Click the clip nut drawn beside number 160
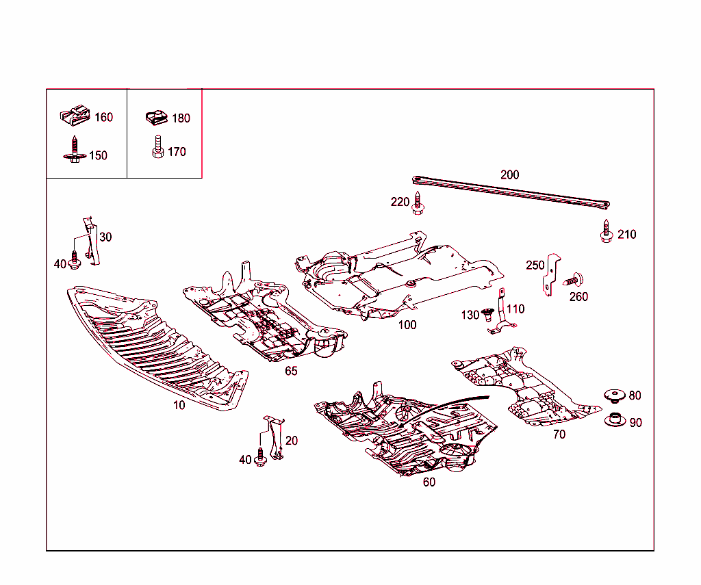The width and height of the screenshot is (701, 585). pyautogui.click(x=74, y=117)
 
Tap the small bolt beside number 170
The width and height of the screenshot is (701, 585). pyautogui.click(x=157, y=148)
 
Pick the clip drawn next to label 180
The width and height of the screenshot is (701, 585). pyautogui.click(x=157, y=118)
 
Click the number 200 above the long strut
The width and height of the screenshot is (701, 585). pyautogui.click(x=509, y=174)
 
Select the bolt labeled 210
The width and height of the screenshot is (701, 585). pyautogui.click(x=606, y=231)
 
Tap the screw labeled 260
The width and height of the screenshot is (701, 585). pyautogui.click(x=574, y=279)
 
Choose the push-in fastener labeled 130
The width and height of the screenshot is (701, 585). pyautogui.click(x=487, y=315)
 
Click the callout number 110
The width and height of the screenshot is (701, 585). pyautogui.click(x=515, y=309)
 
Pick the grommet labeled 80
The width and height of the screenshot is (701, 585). pyautogui.click(x=614, y=395)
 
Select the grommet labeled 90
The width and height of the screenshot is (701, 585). pyautogui.click(x=615, y=419)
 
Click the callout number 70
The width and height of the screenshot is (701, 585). pyautogui.click(x=559, y=434)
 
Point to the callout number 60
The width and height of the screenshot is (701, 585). pyautogui.click(x=429, y=482)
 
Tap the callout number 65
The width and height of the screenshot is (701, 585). pyautogui.click(x=291, y=371)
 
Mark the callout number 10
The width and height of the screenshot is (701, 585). pyautogui.click(x=179, y=405)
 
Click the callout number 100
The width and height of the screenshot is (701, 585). pyautogui.click(x=407, y=325)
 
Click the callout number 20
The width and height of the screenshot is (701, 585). pyautogui.click(x=292, y=441)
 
